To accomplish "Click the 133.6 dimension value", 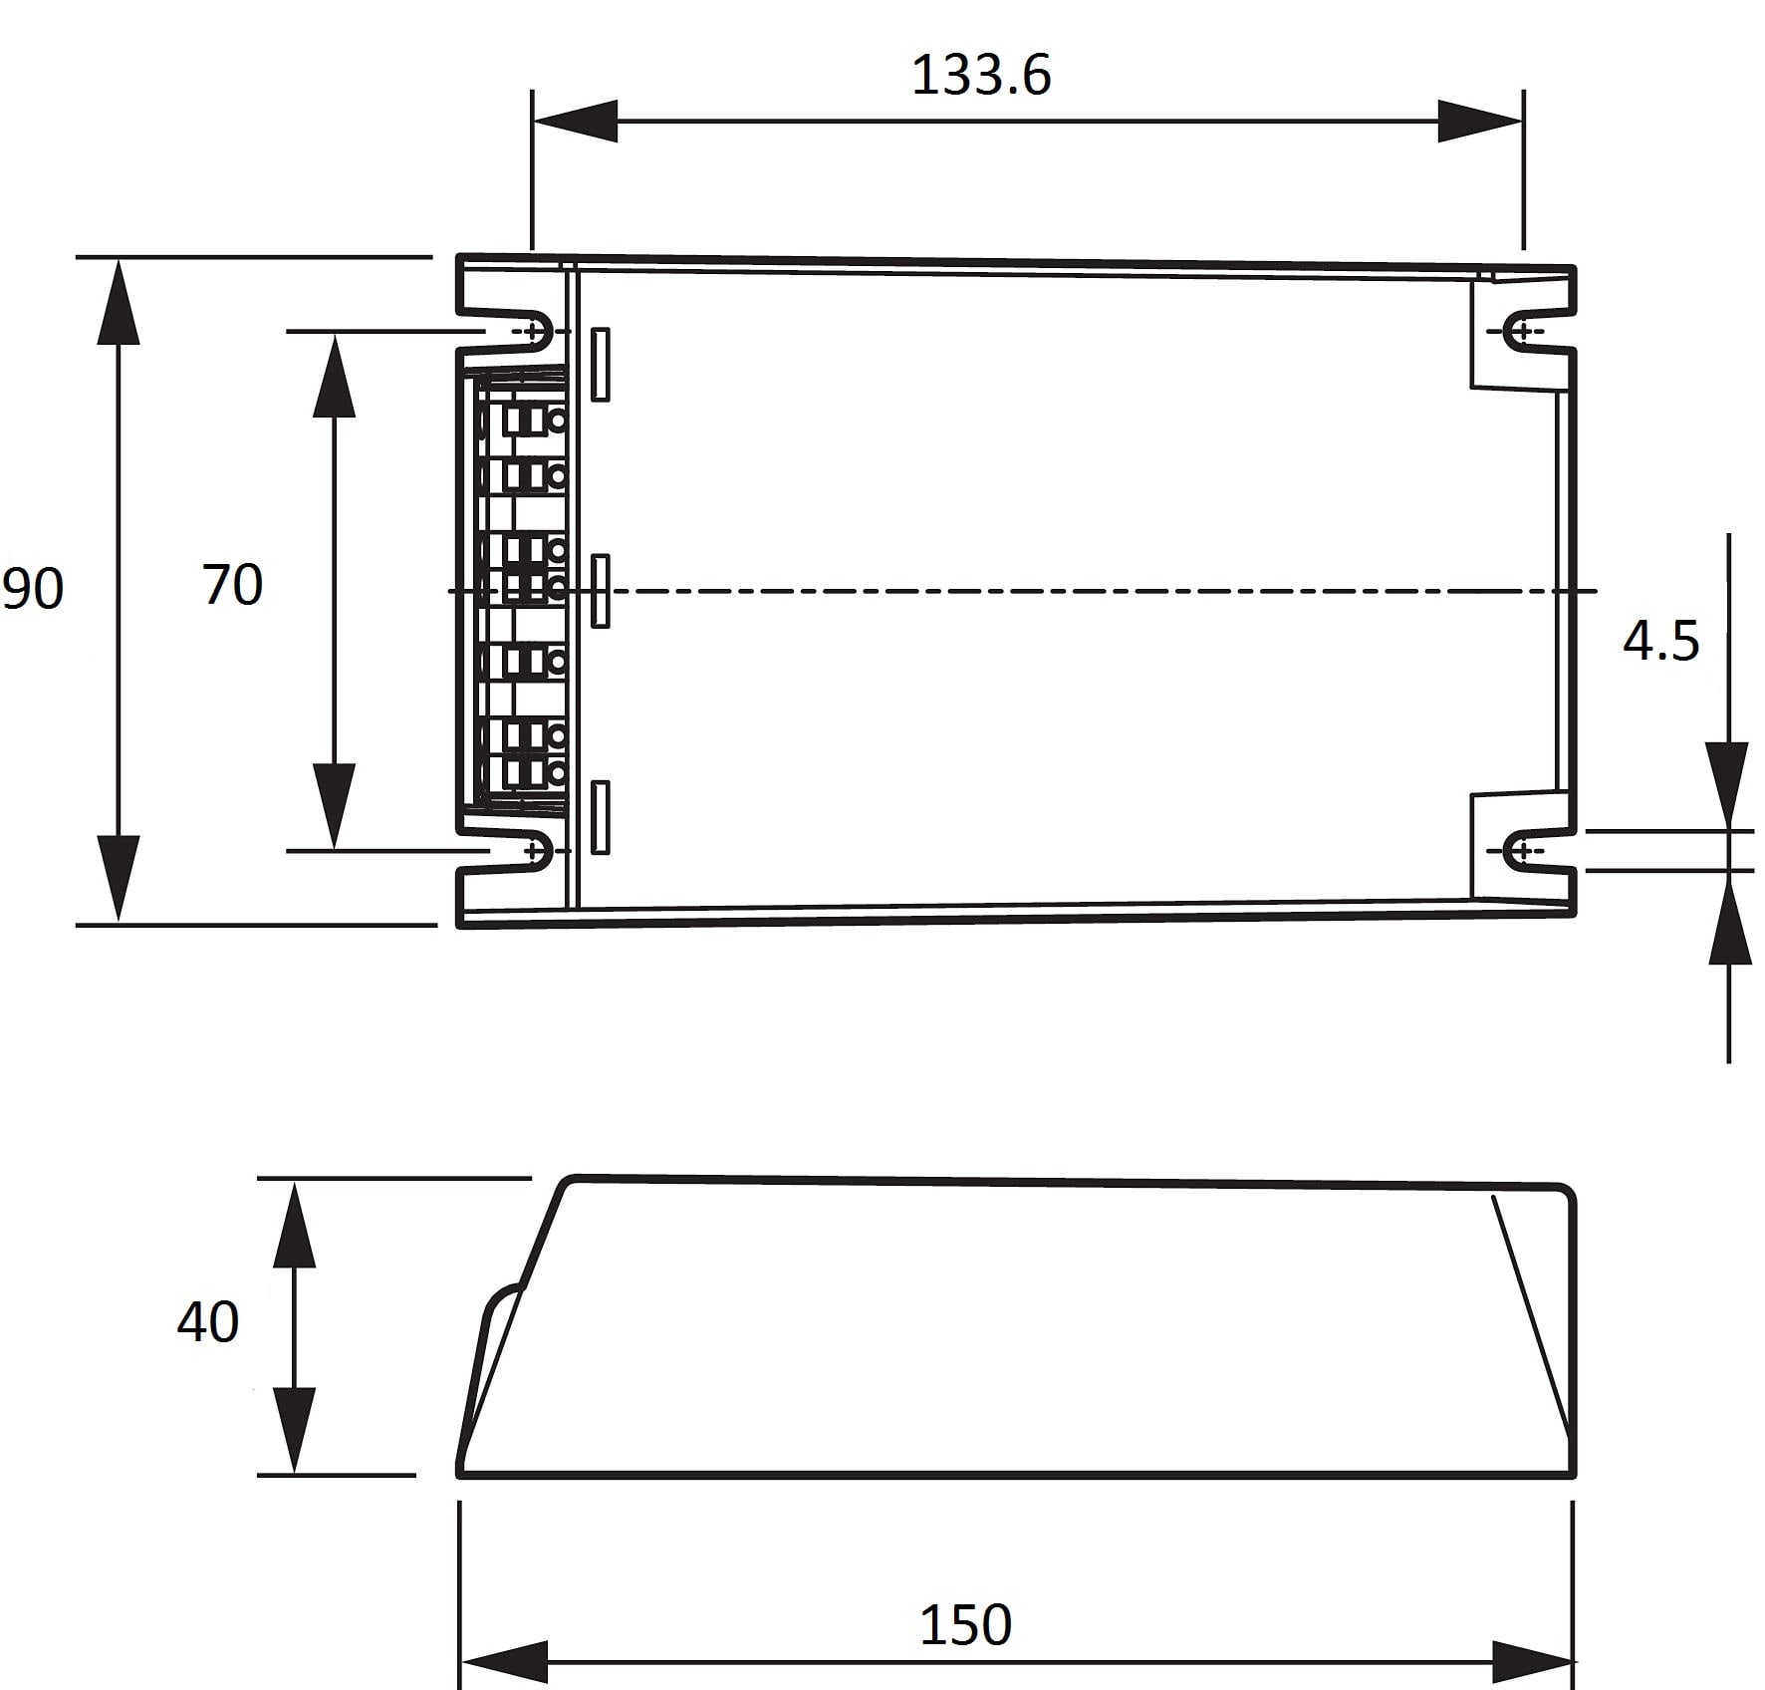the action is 981,75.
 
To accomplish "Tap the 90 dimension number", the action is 33,588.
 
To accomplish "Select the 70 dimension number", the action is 233,584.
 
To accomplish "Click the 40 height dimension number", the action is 208,1322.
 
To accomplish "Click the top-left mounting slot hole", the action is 534,331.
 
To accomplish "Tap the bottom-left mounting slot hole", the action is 534,851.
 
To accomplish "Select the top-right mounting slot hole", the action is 1524,331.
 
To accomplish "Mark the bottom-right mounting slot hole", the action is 1524,851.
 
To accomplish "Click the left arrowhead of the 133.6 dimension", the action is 575,122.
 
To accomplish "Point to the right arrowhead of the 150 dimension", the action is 1533,1662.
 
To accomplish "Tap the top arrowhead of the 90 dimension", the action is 119,300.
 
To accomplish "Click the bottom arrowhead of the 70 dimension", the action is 334,806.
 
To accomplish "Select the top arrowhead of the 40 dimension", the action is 295,1223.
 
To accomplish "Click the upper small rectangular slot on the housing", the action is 600,365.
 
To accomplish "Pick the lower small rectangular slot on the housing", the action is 600,817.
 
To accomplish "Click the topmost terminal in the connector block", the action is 533,420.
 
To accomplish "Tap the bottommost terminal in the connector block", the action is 533,771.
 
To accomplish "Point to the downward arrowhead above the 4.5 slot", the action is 1728,785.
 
